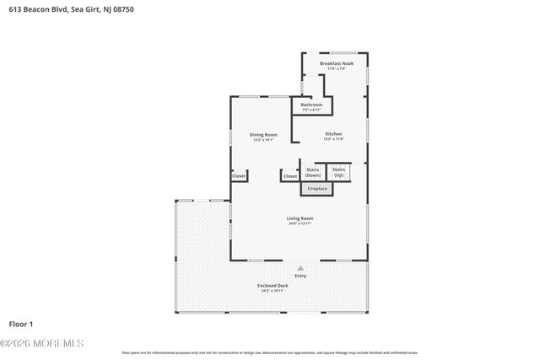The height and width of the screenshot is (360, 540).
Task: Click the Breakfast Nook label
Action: pyautogui.click(x=336, y=63)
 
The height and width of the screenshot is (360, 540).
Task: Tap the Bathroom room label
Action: pyautogui.click(x=312, y=105)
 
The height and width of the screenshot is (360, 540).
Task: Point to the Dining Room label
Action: pyautogui.click(x=263, y=135)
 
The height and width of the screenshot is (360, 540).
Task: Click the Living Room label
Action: pyautogui.click(x=300, y=218)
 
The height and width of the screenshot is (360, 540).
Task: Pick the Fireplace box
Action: pyautogui.click(x=317, y=189)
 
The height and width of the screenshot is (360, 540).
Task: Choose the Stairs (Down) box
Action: pyautogui.click(x=313, y=172)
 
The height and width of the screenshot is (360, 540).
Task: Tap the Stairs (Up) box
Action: pyautogui.click(x=338, y=172)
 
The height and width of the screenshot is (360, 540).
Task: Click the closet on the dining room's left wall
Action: pyautogui.click(x=240, y=175)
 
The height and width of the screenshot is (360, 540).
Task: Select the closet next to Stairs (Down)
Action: pyautogui.click(x=290, y=176)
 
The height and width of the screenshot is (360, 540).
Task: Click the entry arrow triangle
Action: pyautogui.click(x=300, y=267)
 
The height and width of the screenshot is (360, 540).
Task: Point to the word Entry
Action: pyautogui.click(x=300, y=276)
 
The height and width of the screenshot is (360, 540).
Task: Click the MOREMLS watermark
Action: pyautogui.click(x=42, y=343)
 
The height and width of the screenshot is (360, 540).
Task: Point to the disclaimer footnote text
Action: pyautogui.click(x=270, y=352)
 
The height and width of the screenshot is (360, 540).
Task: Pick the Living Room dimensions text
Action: pyautogui.click(x=300, y=223)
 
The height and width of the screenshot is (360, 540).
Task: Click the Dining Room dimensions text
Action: pyautogui.click(x=263, y=140)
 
